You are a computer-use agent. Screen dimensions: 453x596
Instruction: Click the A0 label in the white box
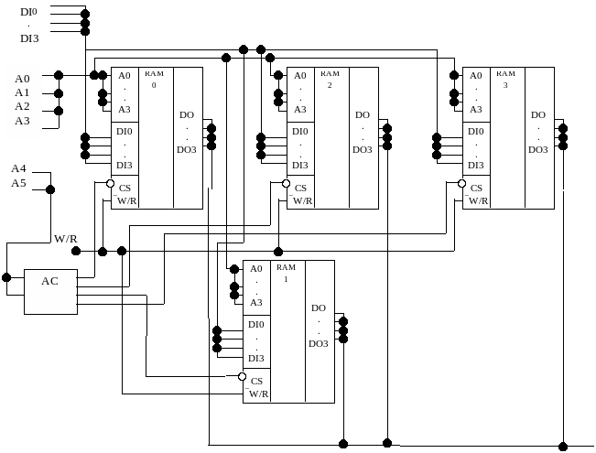click(22, 79)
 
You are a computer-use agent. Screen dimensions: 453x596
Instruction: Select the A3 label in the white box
click(22, 121)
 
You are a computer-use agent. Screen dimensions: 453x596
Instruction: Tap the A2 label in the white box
click(22, 106)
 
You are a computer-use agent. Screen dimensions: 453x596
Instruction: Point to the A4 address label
click(19, 168)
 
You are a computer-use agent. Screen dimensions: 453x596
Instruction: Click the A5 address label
click(19, 183)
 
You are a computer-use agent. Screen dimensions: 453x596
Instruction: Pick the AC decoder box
click(50, 292)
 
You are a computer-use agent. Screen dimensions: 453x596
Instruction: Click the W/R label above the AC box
click(66, 239)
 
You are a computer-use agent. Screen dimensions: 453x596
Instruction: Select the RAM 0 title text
click(154, 78)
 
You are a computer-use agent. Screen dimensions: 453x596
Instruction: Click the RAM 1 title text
click(286, 272)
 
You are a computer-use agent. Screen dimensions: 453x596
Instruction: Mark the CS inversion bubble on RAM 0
click(111, 184)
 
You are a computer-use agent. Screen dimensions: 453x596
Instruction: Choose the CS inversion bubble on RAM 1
click(243, 376)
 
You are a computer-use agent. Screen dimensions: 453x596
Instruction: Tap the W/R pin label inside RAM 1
click(258, 394)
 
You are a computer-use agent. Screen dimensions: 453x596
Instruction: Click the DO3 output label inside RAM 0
click(187, 149)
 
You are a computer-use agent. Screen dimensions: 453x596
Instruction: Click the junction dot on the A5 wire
click(50, 189)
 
